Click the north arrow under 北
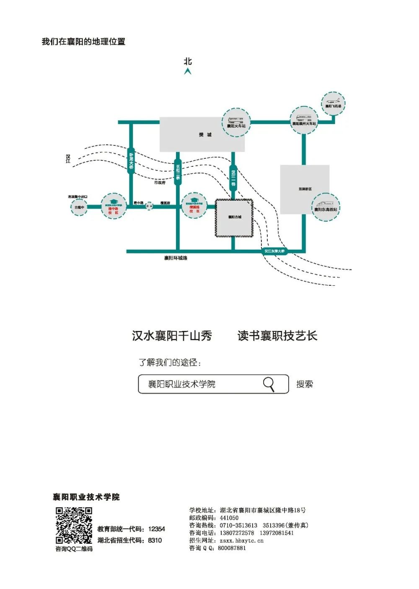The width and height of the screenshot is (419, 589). tap(188, 72)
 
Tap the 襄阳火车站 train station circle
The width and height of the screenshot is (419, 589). tap(236, 122)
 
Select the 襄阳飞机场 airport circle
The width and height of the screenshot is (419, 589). tap(333, 103)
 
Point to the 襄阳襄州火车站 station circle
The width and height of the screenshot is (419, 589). tap(304, 120)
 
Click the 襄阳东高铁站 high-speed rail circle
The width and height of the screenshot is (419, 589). tap(326, 207)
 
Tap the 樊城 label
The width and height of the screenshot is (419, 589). tap(205, 134)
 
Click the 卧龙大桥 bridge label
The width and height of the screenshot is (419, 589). tap(131, 160)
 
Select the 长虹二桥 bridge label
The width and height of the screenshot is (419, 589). tap(178, 172)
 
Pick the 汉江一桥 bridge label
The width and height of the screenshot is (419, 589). tap(233, 178)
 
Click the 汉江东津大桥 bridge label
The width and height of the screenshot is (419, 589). tap(274, 251)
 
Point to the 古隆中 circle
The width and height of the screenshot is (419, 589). tap(79, 207)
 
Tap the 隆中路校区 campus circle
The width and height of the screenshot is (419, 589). tap(113, 206)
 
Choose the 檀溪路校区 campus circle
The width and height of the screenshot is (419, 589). tap(194, 205)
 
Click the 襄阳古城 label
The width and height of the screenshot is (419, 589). tap(235, 217)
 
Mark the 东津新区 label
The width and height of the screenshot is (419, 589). tap(305, 189)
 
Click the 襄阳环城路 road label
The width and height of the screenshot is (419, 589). tap(176, 258)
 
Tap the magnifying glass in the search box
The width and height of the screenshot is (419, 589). tap(269, 384)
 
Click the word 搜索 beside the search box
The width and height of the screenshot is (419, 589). tap(305, 384)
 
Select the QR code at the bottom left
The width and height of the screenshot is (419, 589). tap(74, 525)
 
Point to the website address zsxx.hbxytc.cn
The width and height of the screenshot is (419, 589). tap(241, 540)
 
